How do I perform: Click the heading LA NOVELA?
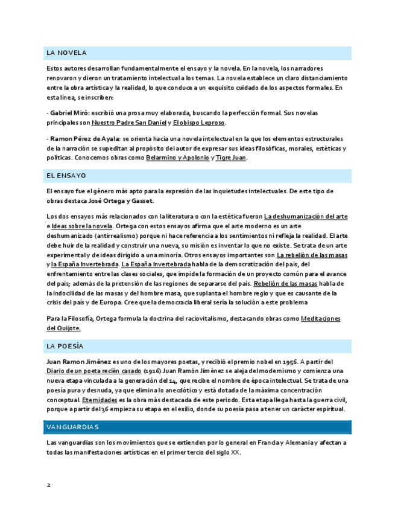point(66,53)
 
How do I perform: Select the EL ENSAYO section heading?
point(66,176)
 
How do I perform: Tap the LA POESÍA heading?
point(65,346)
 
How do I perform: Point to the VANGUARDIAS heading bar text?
point(72,427)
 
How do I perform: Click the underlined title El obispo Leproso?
point(198,123)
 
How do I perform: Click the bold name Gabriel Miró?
point(69,114)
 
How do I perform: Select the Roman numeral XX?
point(235,452)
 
